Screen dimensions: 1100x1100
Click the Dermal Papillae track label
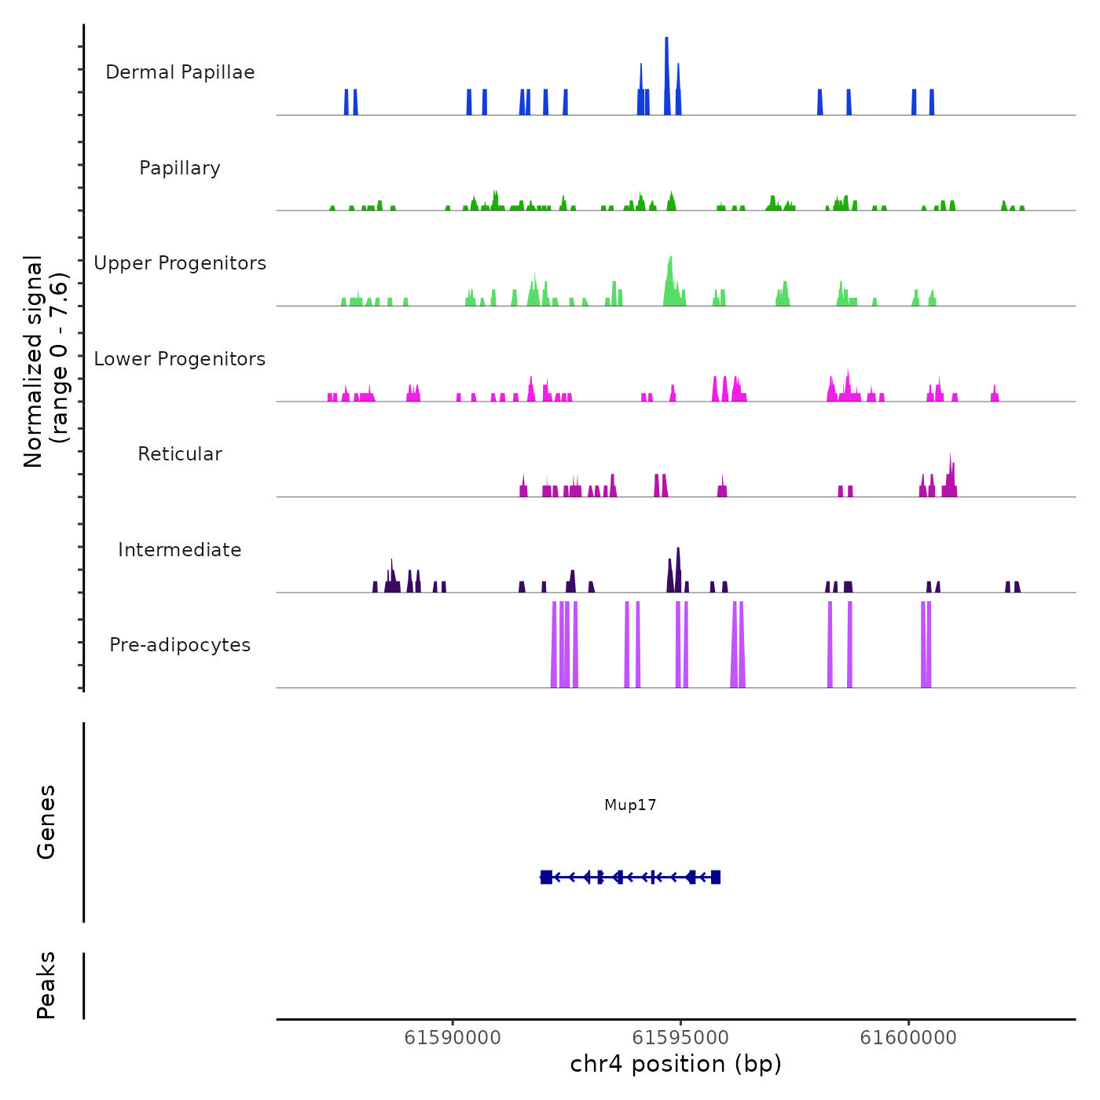point(180,72)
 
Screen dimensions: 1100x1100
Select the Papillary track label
point(180,168)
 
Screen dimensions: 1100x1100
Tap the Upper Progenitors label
point(180,263)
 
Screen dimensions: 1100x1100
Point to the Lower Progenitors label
point(180,359)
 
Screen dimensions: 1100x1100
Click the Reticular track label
point(180,454)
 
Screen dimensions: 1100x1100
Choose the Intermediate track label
point(180,550)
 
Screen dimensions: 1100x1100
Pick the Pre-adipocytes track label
point(180,645)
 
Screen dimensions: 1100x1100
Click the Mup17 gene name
point(630,805)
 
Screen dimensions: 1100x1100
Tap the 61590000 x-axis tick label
point(453,1038)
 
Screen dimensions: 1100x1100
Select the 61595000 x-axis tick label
point(680,1038)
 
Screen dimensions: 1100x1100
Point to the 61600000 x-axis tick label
point(908,1038)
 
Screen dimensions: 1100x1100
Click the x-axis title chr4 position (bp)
point(676,1065)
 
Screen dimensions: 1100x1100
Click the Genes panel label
point(46,822)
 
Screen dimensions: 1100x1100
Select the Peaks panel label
point(46,985)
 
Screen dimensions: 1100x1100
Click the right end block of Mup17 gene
point(716,877)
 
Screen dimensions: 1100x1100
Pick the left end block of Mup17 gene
point(546,877)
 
